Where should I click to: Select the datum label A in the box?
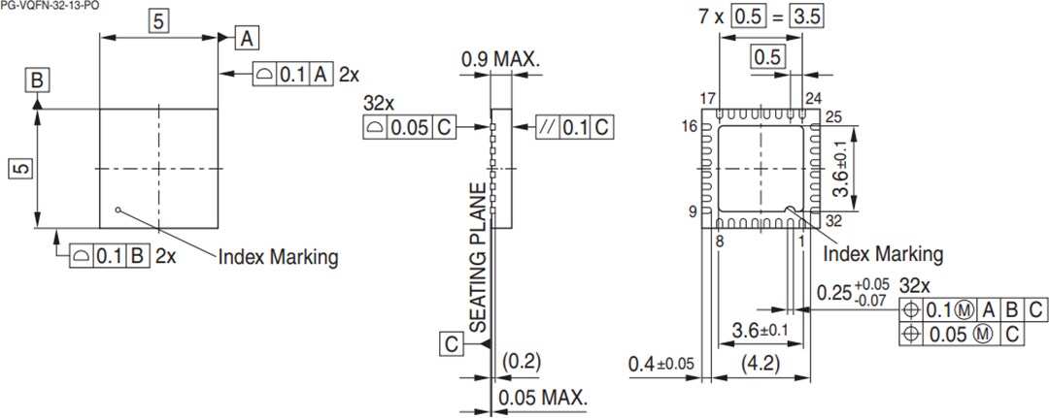point(248,39)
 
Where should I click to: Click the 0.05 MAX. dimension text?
point(543,399)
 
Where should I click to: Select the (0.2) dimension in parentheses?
point(522,362)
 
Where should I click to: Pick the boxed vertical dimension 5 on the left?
point(21,169)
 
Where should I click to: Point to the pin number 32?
point(832,220)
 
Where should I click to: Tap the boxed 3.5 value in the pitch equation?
point(804,17)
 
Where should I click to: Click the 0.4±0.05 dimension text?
point(661,366)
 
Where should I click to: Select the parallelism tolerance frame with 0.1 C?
point(574,127)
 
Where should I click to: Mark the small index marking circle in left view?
point(117,208)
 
